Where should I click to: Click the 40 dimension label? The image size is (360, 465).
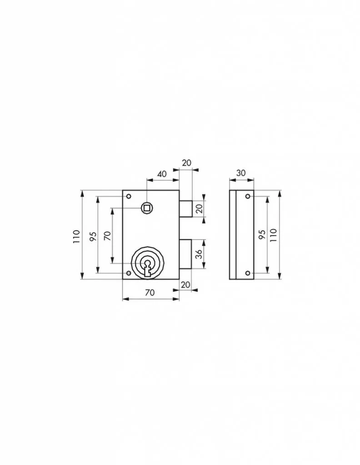162,174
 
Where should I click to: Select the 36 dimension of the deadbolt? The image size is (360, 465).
199,254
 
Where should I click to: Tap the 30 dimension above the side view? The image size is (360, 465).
241,173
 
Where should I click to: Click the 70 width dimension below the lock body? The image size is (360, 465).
150,293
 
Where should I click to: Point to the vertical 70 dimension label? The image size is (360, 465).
108,236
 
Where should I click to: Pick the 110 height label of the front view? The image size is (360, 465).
76,237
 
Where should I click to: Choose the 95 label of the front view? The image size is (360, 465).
93,237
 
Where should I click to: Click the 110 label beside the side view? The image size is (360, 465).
273,235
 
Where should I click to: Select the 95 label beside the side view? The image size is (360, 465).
262,235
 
